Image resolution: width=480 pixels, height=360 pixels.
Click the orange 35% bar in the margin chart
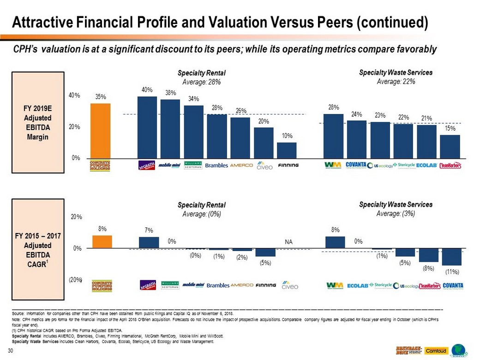pyautogui.click(x=100, y=131)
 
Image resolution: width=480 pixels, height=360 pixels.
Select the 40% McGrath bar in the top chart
pyautogui.click(x=147, y=127)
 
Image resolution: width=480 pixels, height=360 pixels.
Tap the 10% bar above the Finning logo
pyautogui.click(x=287, y=150)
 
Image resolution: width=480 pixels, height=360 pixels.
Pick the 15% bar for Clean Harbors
pyautogui.click(x=450, y=146)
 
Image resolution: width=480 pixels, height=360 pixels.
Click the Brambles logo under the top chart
pyautogui.click(x=216, y=165)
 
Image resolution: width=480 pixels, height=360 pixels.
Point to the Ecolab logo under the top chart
pyautogui.click(x=426, y=165)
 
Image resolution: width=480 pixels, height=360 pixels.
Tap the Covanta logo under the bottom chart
pyautogui.click(x=452, y=286)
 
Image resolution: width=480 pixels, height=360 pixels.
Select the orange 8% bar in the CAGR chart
pyautogui.click(x=102, y=242)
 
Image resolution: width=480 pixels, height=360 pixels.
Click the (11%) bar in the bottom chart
pyautogui.click(x=452, y=257)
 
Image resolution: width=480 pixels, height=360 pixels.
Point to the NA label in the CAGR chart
pyautogui.click(x=288, y=242)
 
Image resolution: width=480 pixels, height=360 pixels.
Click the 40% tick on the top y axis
pyautogui.click(x=75, y=96)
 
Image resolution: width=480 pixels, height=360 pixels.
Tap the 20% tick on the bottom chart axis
pyautogui.click(x=76, y=216)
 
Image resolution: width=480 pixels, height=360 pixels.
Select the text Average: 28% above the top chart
pyautogui.click(x=202, y=82)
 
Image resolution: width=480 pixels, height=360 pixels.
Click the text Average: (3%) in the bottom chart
pyautogui.click(x=396, y=213)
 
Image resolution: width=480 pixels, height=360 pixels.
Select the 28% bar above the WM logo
pyautogui.click(x=333, y=136)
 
